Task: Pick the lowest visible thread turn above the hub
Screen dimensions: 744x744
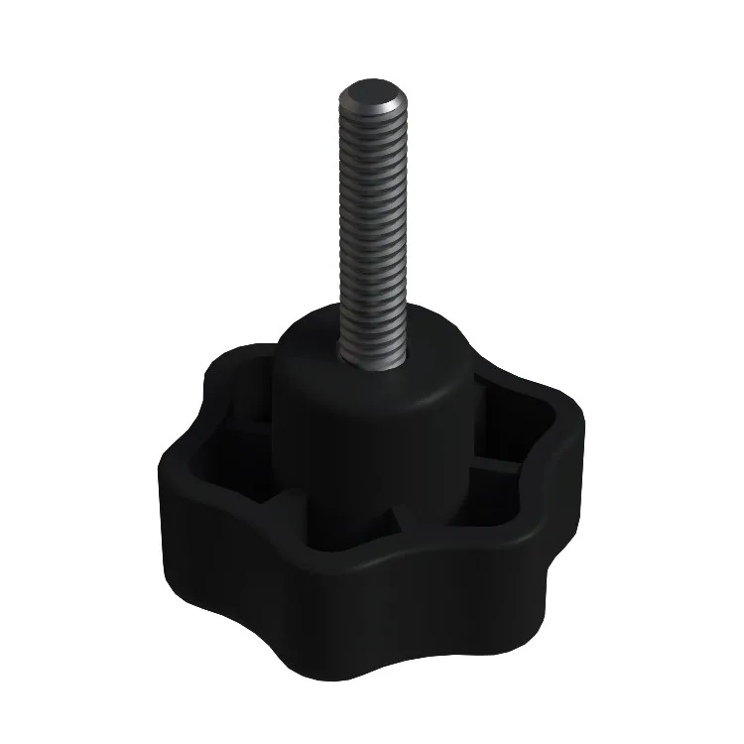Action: (374, 342)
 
